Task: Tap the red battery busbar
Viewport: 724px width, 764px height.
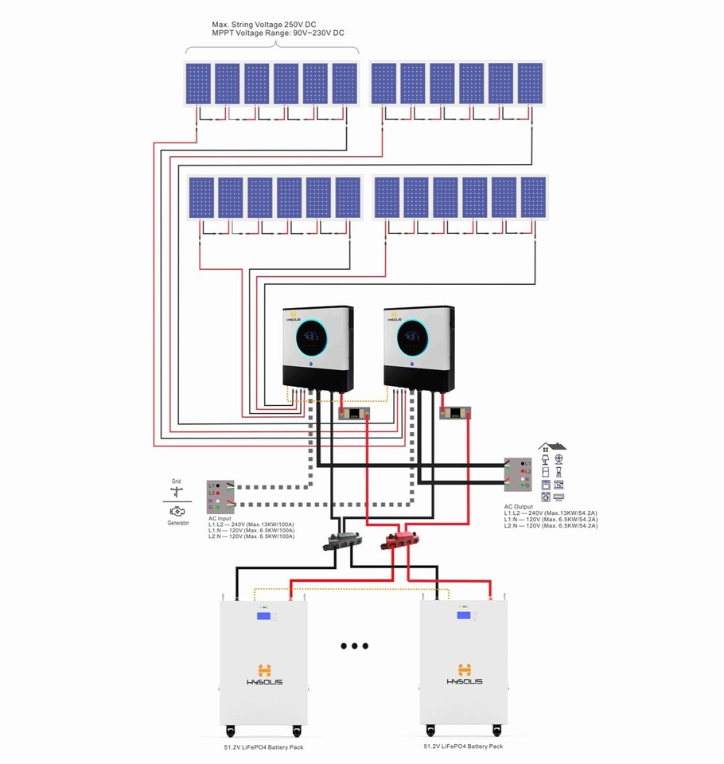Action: pos(403,540)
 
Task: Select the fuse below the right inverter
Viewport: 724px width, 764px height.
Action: pos(456,413)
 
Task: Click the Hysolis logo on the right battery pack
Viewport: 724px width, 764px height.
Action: pos(463,674)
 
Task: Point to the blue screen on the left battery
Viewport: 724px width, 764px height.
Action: pos(263,616)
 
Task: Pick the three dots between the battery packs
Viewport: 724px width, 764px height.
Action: pos(355,646)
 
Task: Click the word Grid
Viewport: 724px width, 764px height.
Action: pos(176,481)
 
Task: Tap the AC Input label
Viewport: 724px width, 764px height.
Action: pos(220,518)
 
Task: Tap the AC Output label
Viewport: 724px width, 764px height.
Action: pos(520,507)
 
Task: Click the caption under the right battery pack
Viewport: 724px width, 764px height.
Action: pos(463,746)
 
